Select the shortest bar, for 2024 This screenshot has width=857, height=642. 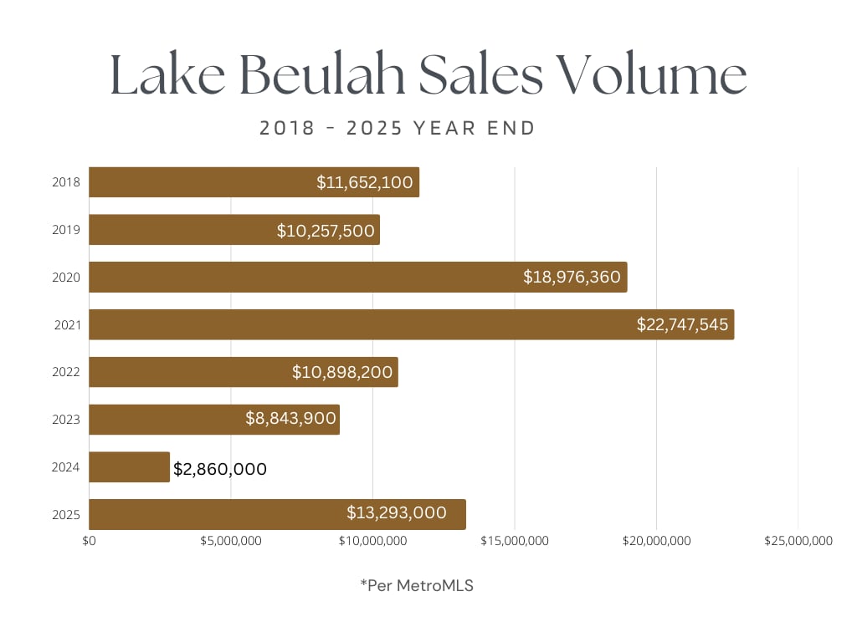[129, 467]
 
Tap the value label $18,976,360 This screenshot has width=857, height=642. [572, 277]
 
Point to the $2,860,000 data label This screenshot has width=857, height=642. [220, 469]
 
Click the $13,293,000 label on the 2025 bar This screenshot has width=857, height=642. [397, 513]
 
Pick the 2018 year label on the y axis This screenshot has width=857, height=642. [66, 182]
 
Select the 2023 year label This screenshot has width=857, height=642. [66, 420]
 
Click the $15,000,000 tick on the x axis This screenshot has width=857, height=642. [515, 541]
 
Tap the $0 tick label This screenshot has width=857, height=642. [90, 541]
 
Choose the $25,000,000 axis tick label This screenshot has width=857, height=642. [798, 541]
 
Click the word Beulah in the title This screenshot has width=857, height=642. [321, 75]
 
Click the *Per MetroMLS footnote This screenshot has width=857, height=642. [417, 586]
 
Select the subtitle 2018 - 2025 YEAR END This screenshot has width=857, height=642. [398, 128]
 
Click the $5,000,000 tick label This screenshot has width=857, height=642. [231, 541]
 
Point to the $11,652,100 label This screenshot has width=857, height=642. [365, 182]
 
